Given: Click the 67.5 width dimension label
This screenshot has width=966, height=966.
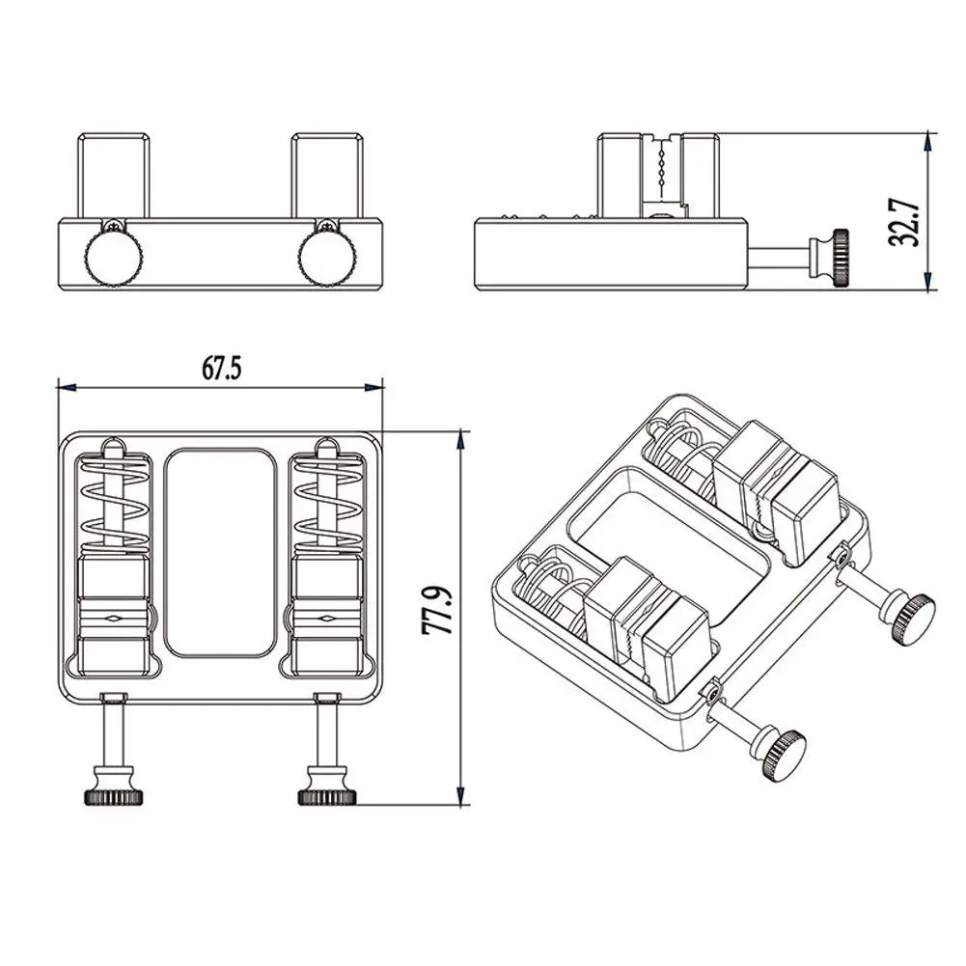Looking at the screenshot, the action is click(222, 368).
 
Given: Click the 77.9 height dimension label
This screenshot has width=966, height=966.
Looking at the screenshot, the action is click(438, 610).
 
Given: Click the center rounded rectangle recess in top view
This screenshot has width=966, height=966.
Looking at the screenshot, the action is click(220, 552).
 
